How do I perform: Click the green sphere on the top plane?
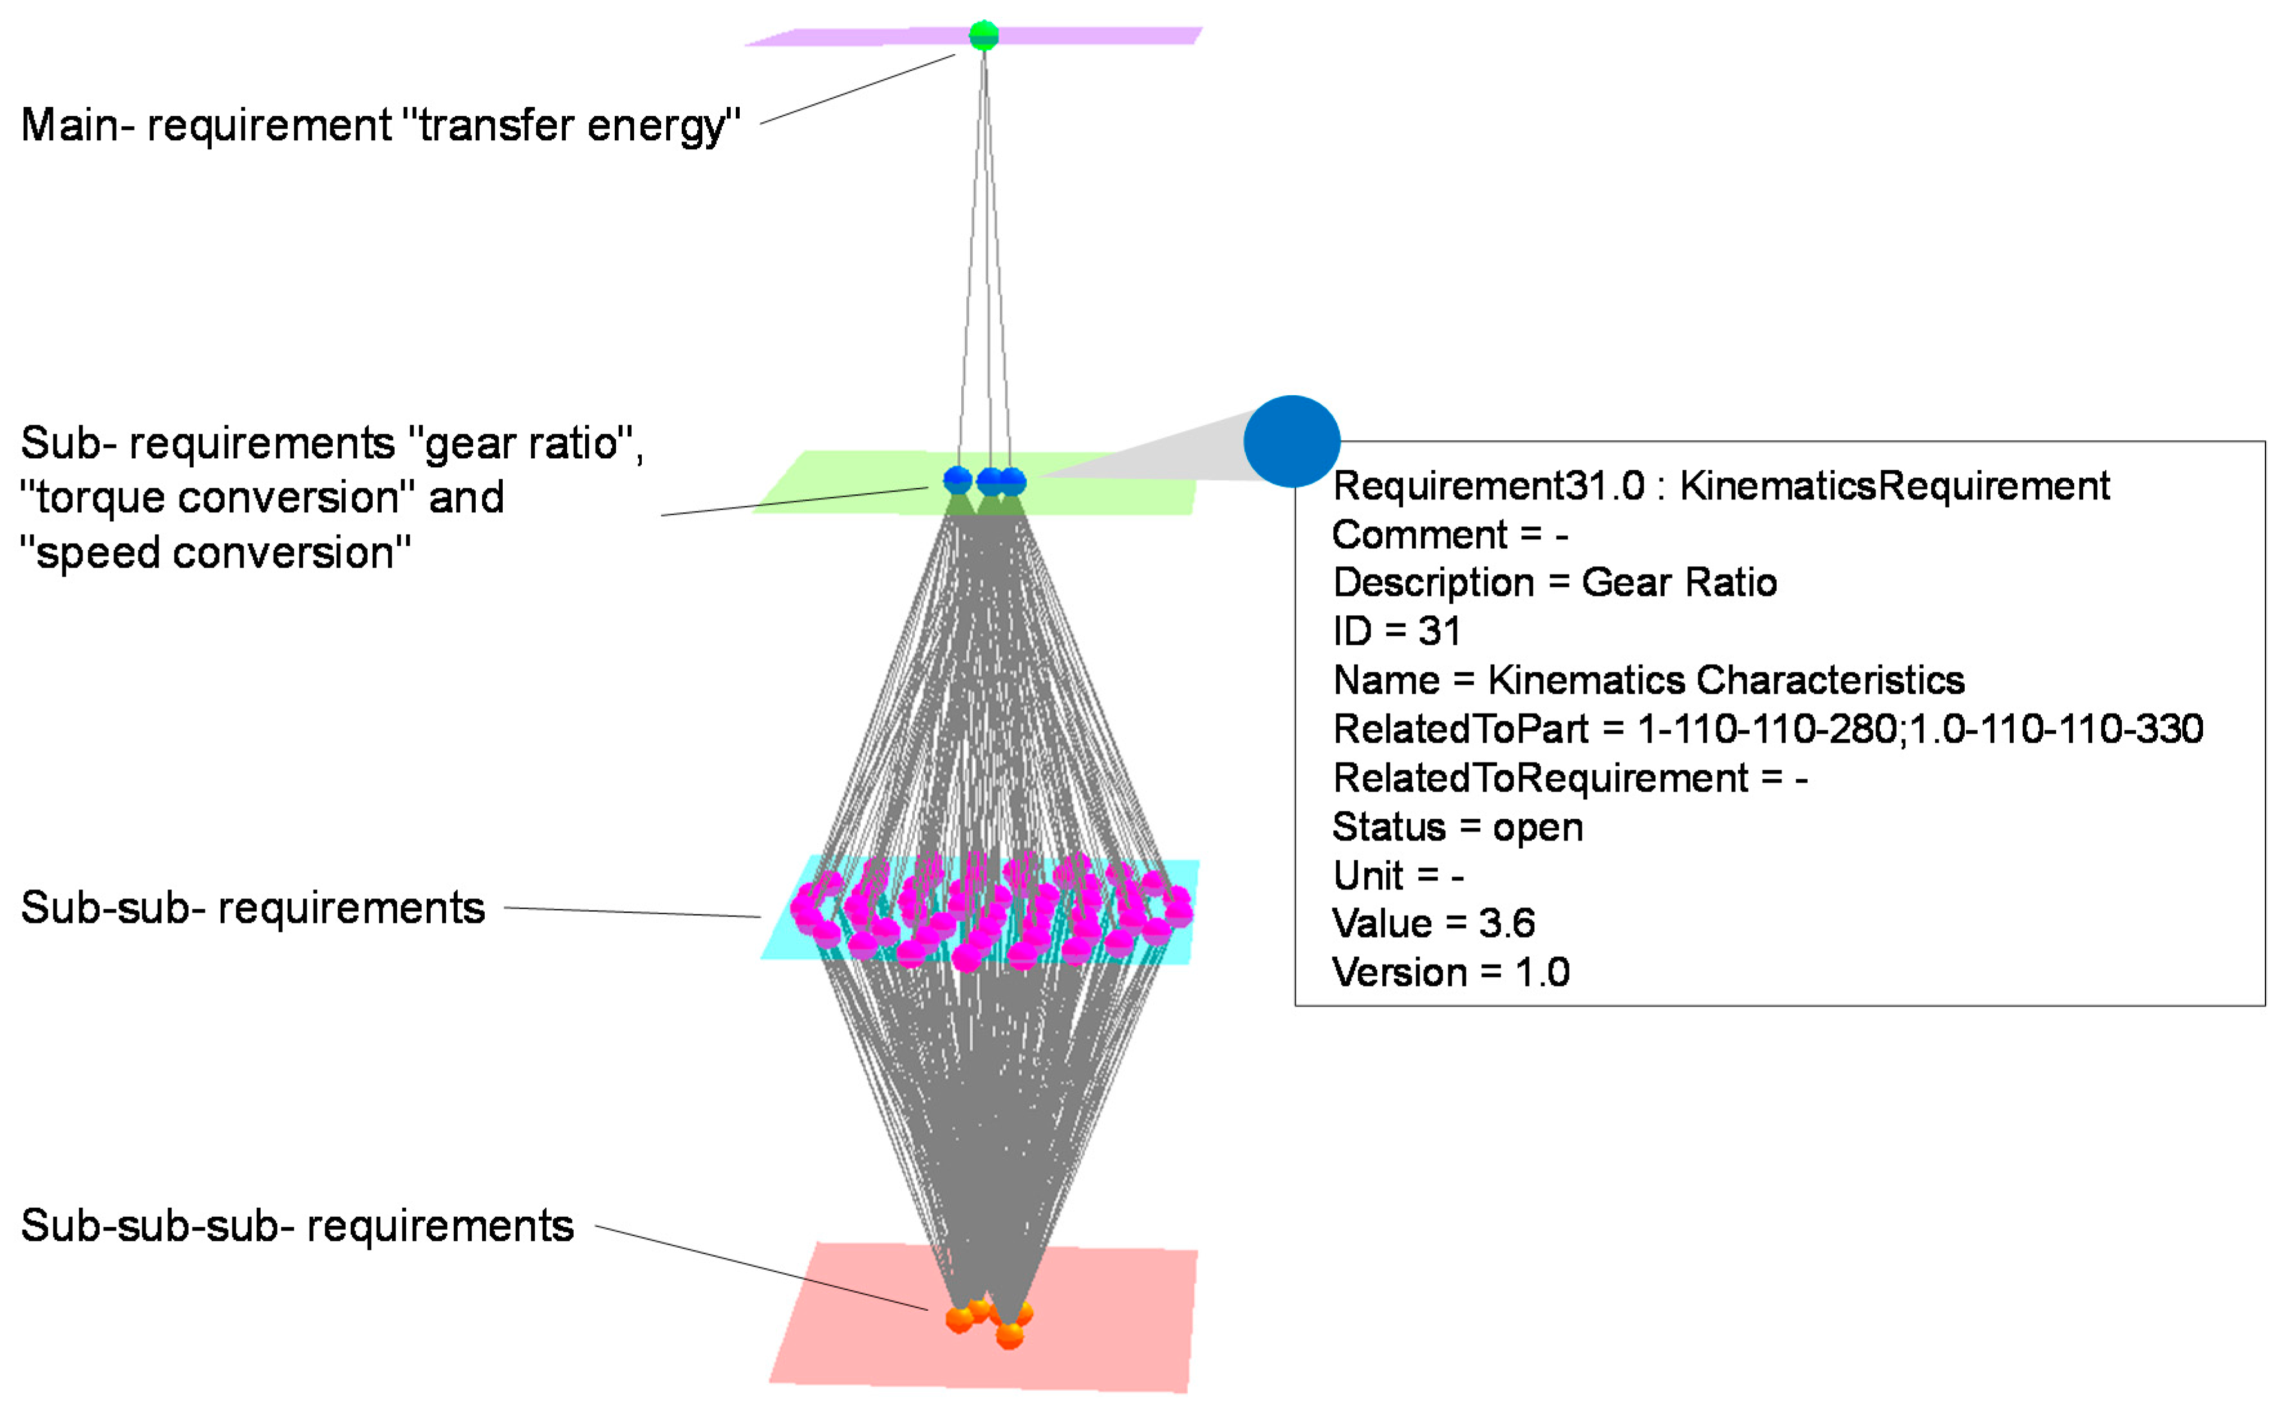click(983, 35)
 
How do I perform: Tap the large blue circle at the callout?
click(1291, 441)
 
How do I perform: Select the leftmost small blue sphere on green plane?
click(957, 480)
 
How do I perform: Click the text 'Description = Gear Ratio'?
click(1554, 583)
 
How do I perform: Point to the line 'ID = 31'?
click(1396, 632)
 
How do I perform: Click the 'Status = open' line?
click(1457, 826)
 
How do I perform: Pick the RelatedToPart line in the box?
click(1767, 729)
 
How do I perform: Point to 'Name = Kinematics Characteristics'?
click(1648, 680)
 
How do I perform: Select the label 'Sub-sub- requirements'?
click(253, 908)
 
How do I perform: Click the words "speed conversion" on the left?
click(216, 553)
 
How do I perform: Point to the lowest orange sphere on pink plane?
click(1009, 1335)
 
